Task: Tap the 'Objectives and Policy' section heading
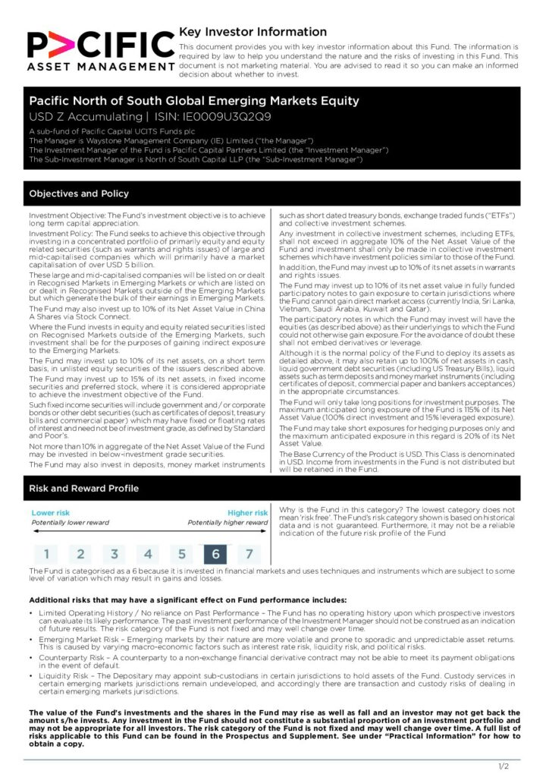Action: (79, 193)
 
